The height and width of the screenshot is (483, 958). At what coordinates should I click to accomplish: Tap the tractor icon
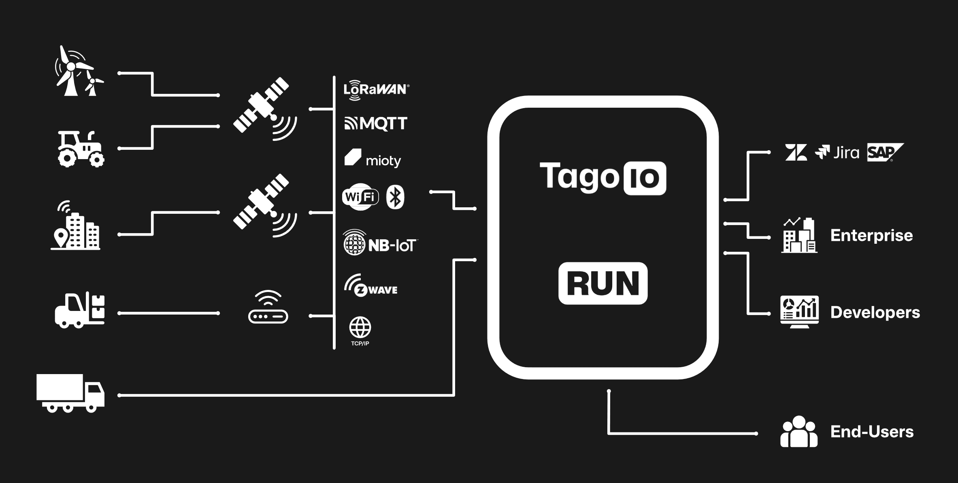(x=81, y=149)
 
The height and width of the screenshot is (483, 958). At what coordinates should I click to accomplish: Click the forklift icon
(x=80, y=311)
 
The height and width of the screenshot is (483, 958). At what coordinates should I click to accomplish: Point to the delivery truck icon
(x=70, y=393)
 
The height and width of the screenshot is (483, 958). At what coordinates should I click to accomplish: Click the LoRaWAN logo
(x=376, y=89)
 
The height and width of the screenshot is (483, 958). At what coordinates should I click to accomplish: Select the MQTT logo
(x=376, y=123)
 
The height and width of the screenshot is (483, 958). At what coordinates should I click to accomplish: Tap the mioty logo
(x=373, y=159)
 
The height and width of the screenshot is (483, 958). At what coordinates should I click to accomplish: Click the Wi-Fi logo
(x=360, y=198)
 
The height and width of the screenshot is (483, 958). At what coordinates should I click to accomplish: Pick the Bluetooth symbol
(x=395, y=198)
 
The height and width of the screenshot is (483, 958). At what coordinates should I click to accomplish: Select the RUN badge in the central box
(x=602, y=283)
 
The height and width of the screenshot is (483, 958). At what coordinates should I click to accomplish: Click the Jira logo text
(x=846, y=153)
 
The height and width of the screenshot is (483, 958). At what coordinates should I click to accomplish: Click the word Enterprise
(x=871, y=236)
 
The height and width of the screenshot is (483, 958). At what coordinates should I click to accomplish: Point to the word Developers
(x=875, y=313)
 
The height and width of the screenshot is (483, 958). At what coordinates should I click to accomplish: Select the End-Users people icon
(x=798, y=432)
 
